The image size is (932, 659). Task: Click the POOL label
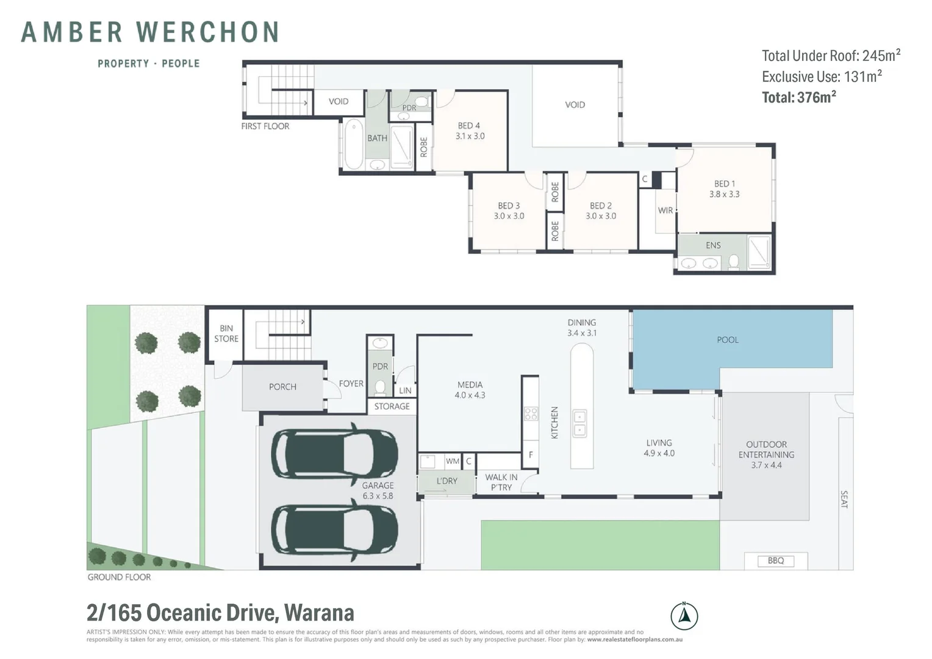coord(728,340)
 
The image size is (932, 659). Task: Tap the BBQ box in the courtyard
coord(776,561)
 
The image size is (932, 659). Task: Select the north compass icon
coord(684,616)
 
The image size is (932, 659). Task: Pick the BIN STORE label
coord(226,333)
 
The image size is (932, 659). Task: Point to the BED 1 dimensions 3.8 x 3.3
coord(724,195)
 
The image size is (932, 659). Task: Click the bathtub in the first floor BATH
coord(353,145)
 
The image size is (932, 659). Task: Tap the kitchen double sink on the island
coord(579,423)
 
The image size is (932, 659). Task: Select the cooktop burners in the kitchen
coord(531,414)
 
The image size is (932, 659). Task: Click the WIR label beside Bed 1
coord(665,211)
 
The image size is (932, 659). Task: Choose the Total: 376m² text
coord(798,98)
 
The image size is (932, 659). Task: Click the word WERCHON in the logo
coord(207,32)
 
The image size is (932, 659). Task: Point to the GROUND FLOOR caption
coord(119,577)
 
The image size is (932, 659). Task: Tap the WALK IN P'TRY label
coord(501,482)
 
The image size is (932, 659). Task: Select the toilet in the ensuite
coord(734,262)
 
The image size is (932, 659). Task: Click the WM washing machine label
coord(452,461)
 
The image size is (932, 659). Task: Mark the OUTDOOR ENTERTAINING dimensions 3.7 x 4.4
coord(766,465)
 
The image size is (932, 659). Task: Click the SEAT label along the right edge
coord(844,499)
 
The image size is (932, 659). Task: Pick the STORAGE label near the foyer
coord(392,406)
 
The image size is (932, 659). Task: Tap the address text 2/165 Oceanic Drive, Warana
coord(220,612)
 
